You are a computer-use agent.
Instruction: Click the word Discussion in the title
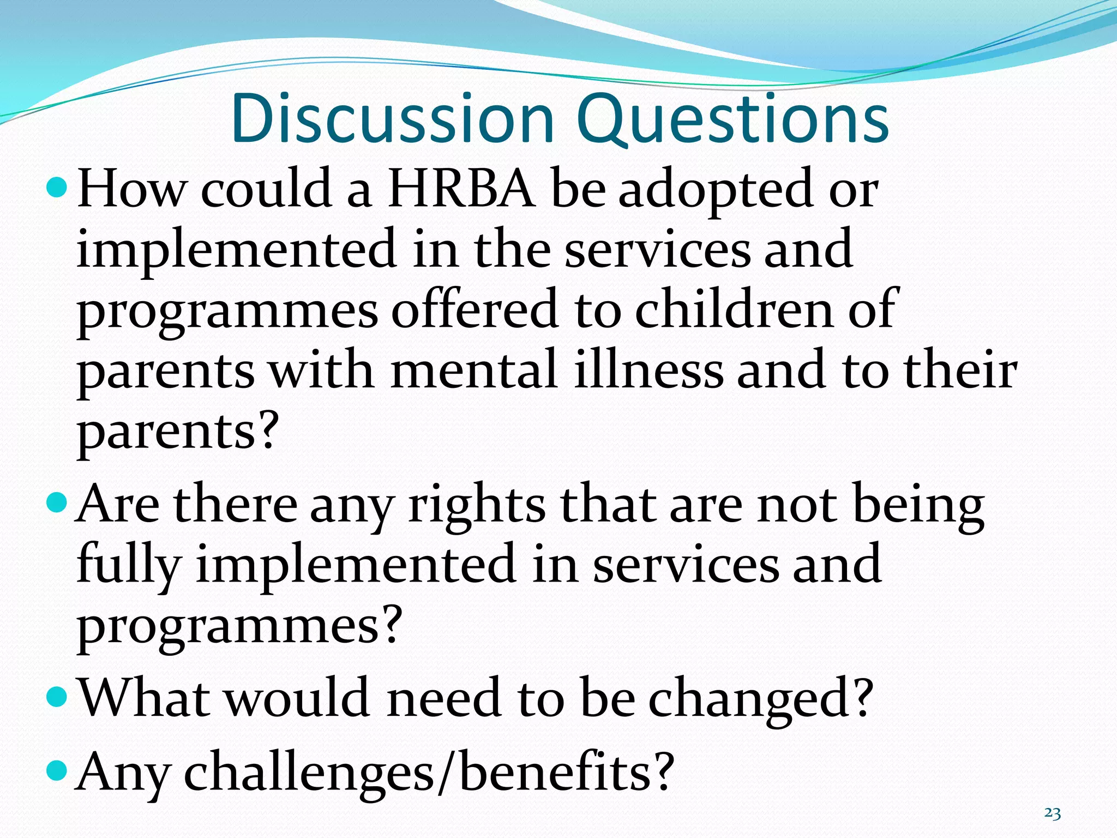click(392, 119)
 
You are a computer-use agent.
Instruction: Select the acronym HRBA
click(461, 189)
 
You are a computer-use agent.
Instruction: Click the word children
click(734, 309)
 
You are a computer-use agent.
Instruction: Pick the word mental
click(474, 370)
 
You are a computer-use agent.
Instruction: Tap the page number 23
click(1052, 813)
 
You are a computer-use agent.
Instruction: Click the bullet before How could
click(57, 188)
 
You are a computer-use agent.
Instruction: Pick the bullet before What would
click(57, 696)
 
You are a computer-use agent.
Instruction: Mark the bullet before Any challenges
click(57, 770)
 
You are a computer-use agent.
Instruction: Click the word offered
click(475, 309)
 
